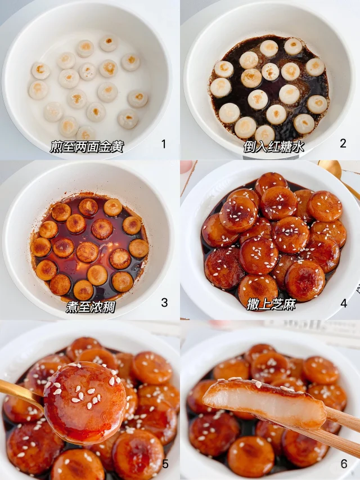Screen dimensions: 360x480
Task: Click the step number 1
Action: tap(164, 143)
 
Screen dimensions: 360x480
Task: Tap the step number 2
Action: tap(343, 143)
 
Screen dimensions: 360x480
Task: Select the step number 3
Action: tap(164, 302)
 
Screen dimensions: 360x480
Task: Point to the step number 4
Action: tap(344, 303)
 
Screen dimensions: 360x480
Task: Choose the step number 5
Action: tap(165, 464)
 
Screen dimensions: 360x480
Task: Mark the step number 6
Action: tap(344, 464)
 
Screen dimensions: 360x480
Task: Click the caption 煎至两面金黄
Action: tap(87, 147)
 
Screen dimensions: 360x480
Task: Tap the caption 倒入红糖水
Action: tap(274, 147)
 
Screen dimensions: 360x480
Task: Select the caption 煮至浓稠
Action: tap(91, 307)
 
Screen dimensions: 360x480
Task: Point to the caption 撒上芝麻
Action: tap(271, 304)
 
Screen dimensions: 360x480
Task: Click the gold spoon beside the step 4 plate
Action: tap(337, 174)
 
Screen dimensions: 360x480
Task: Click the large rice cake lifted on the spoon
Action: tap(85, 403)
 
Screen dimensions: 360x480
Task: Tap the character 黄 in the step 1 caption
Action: tap(118, 147)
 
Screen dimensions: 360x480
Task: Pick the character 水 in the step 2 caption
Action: tap(298, 147)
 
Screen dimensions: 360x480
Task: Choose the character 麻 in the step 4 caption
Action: tap(290, 304)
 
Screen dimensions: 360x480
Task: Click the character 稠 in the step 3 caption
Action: tap(109, 307)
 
